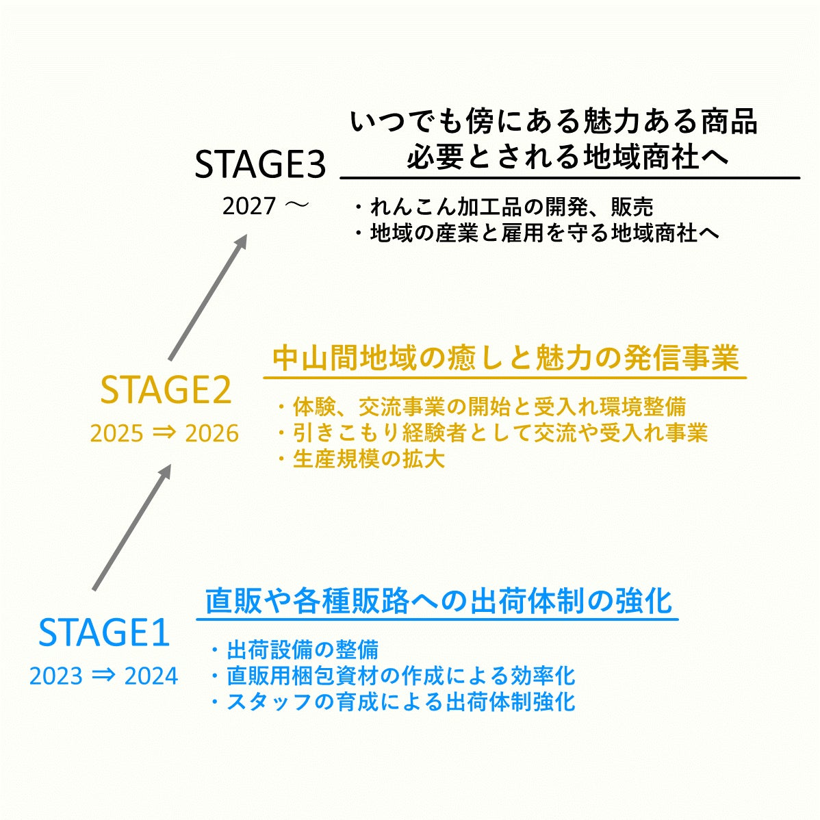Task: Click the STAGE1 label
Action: [x=104, y=632]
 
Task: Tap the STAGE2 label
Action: [x=166, y=390]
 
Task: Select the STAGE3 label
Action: [x=260, y=164]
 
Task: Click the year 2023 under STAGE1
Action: [x=56, y=676]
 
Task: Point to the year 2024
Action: [x=151, y=676]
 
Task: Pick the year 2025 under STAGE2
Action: [x=116, y=433]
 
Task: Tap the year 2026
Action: [x=212, y=433]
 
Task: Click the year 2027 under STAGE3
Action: [x=249, y=206]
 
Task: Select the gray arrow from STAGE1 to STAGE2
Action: [x=132, y=527]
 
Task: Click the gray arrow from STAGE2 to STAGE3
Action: [x=208, y=297]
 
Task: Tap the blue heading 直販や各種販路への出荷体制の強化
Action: [x=438, y=600]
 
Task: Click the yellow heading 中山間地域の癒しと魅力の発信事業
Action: [x=506, y=358]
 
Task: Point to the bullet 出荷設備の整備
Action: [x=295, y=650]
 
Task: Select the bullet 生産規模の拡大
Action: [x=361, y=459]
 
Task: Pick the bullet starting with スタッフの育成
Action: [x=394, y=702]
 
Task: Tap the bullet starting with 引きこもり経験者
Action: [x=493, y=433]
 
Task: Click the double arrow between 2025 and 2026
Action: [x=164, y=433]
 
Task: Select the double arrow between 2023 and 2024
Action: [x=103, y=676]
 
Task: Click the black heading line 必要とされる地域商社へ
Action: [x=568, y=156]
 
